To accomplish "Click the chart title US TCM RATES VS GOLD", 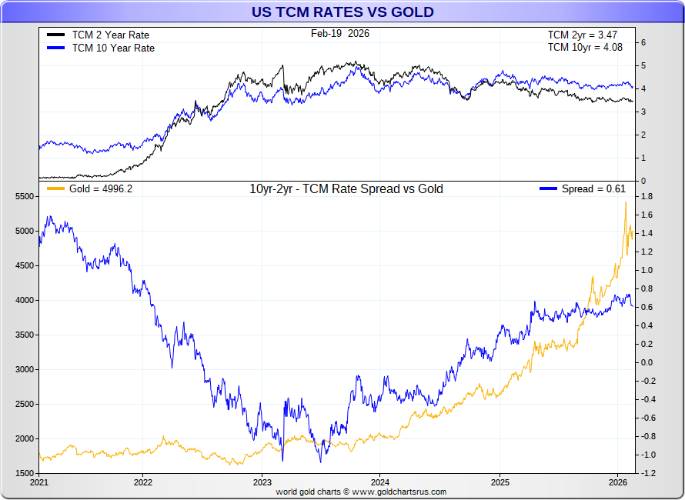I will tap(342, 12).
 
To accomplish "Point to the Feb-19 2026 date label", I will tap(339, 33).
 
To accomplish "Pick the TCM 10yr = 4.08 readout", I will tap(585, 47).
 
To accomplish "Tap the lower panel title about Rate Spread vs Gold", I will tap(346, 189).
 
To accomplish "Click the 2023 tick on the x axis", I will tap(261, 482).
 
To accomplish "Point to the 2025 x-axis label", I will tap(499, 482).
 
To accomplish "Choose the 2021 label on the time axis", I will tap(39, 482).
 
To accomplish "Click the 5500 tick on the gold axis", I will tap(24, 197).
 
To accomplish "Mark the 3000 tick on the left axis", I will tap(24, 370).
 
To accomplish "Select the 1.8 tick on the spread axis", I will tap(647, 197).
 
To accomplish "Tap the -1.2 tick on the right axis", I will tap(647, 473).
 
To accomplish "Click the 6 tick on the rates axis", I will tap(643, 42).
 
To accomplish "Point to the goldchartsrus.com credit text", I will tap(361, 492).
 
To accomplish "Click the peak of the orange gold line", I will tap(625, 202).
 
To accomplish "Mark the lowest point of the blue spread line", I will tap(320, 462).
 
